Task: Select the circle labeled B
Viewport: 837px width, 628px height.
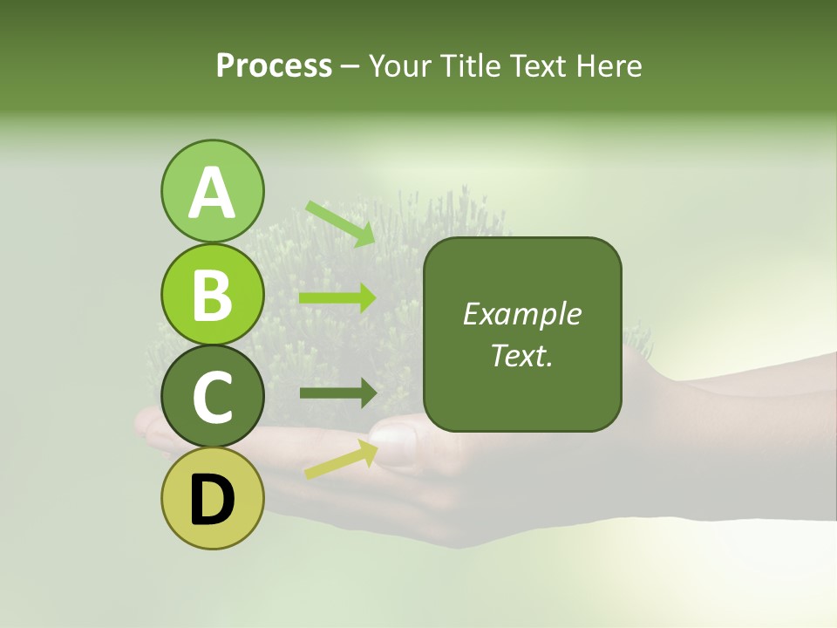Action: [212, 294]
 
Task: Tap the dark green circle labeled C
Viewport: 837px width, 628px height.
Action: [212, 396]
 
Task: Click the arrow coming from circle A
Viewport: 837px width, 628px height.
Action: [340, 222]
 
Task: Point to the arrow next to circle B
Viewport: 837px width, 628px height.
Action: [337, 298]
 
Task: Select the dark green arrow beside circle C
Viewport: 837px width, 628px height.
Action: [337, 393]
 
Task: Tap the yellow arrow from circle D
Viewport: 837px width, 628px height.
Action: [341, 459]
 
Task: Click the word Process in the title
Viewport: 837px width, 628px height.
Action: [274, 65]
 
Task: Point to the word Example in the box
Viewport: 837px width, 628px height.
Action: [522, 314]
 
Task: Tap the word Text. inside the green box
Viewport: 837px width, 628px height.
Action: [522, 355]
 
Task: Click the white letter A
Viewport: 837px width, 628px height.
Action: [212, 194]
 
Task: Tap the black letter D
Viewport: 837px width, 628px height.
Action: [212, 500]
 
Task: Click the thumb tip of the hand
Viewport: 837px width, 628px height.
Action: [394, 436]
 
